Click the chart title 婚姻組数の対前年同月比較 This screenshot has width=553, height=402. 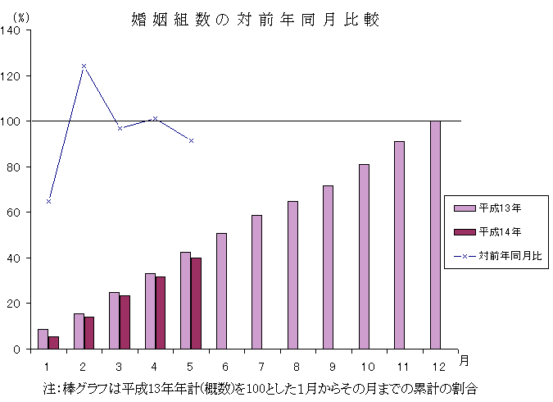tap(255, 19)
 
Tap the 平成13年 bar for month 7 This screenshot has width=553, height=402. tap(256, 281)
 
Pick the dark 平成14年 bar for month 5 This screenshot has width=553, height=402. tap(196, 303)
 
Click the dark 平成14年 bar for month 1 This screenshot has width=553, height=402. tap(53, 342)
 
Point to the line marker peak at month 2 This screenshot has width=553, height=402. tap(84, 66)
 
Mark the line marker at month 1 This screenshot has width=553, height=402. tap(48, 201)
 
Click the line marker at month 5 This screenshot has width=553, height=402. tap(191, 140)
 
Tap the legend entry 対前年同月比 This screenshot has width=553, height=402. tap(500, 255)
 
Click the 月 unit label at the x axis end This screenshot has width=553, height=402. tap(464, 360)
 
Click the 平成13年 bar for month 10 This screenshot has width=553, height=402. tap(364, 256)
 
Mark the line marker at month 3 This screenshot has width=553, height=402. tap(120, 128)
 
